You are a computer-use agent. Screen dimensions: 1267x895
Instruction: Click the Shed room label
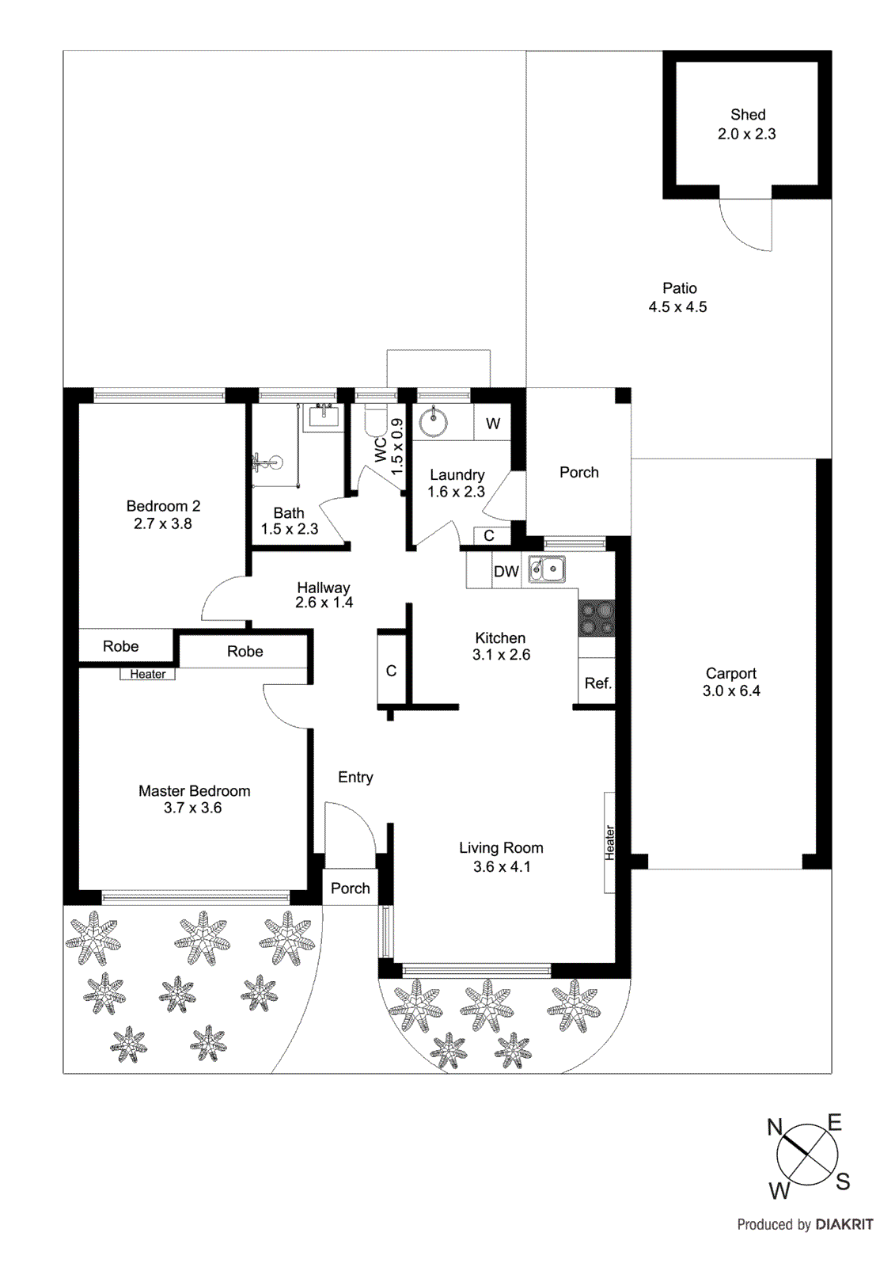click(x=747, y=115)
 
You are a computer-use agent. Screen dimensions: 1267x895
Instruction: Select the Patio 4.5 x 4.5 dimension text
click(x=677, y=307)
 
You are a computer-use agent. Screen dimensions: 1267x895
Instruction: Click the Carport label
click(x=730, y=673)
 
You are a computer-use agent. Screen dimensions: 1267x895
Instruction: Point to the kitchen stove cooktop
click(x=596, y=618)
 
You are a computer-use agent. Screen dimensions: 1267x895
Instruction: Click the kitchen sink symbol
click(x=547, y=569)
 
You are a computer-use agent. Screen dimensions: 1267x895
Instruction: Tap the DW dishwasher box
click(x=506, y=572)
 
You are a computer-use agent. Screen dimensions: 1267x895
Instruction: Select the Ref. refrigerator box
click(x=597, y=683)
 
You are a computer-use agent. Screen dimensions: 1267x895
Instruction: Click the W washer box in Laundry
click(x=492, y=424)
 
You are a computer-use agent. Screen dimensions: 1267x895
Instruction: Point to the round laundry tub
click(x=433, y=422)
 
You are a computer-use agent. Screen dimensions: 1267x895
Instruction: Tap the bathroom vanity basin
click(x=323, y=415)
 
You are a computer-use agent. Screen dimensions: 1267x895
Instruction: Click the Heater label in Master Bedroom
click(x=148, y=674)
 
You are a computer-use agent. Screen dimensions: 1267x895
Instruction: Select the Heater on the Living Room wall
click(x=609, y=843)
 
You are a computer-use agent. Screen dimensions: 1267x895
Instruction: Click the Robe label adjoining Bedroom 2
click(x=120, y=646)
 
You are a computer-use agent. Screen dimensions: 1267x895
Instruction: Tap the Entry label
click(x=355, y=777)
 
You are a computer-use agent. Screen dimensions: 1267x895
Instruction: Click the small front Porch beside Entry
click(x=350, y=888)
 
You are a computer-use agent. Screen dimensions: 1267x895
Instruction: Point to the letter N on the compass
click(x=775, y=1127)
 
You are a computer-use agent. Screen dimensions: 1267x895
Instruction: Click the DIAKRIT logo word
click(x=844, y=1224)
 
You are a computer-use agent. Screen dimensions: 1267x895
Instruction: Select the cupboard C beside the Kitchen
click(x=391, y=671)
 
